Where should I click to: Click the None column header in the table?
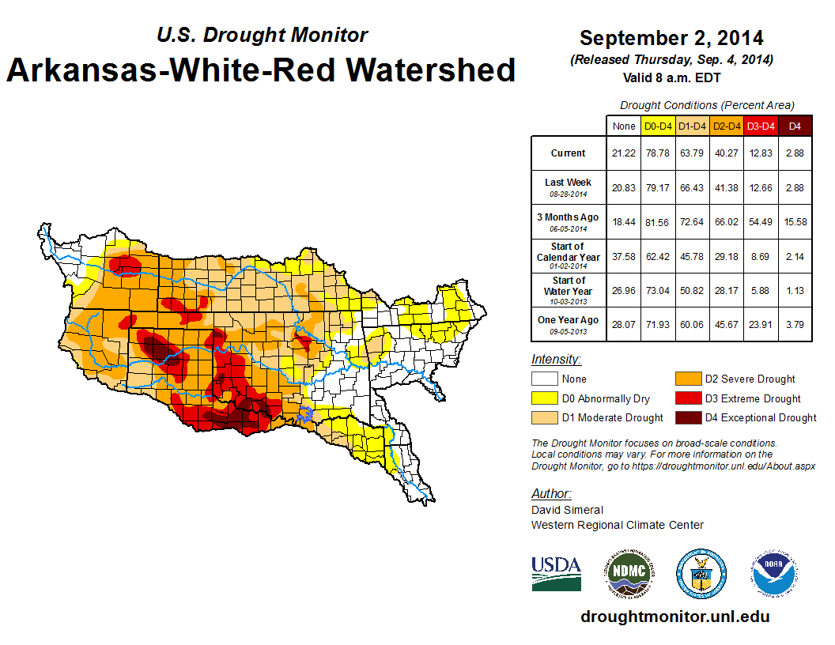coord(623,126)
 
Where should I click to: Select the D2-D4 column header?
coord(727,126)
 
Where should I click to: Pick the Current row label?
coord(569,153)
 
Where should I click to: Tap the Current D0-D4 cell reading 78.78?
coord(658,153)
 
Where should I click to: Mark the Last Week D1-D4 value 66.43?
coord(693,187)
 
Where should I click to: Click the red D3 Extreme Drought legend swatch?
coord(686,398)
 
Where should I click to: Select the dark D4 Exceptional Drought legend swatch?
coord(686,417)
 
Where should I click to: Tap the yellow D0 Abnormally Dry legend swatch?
coord(543,398)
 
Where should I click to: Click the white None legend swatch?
coord(543,379)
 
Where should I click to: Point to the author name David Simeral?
coord(567,510)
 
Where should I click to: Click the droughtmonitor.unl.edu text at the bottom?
coord(674,617)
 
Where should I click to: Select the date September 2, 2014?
coord(671,38)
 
